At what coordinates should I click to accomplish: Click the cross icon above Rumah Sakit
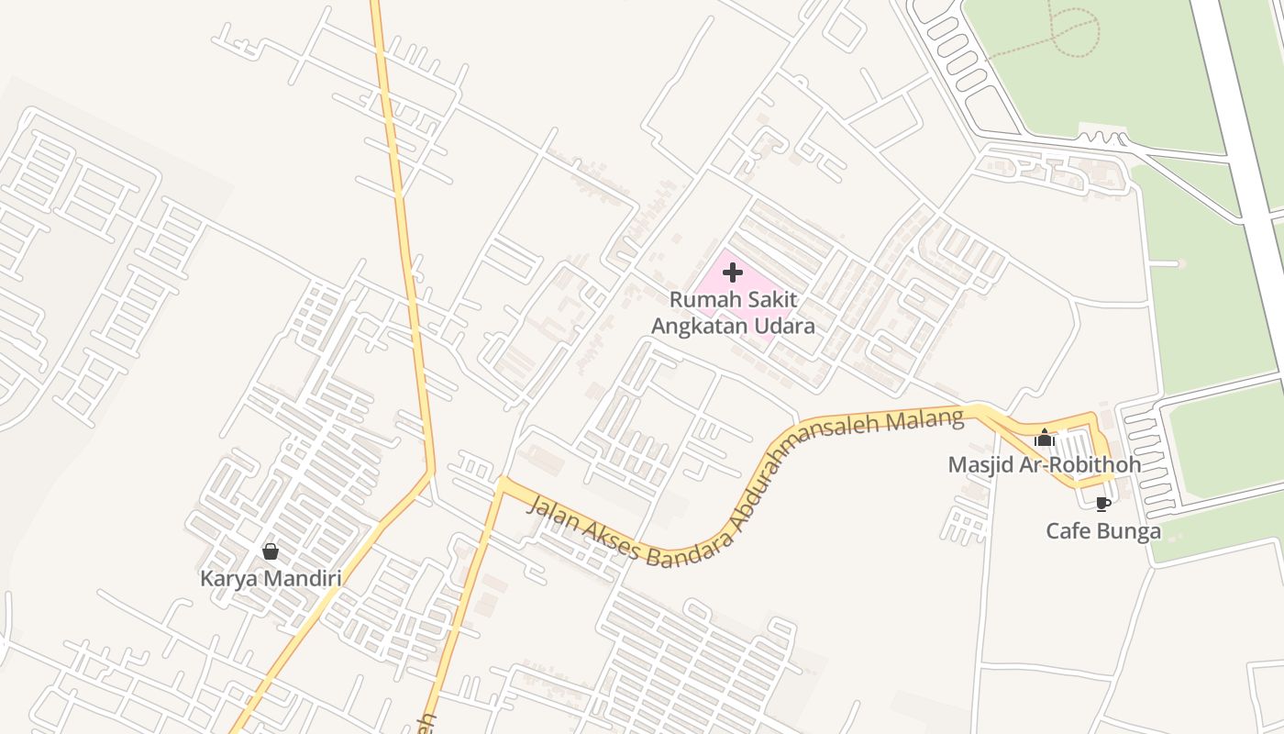732,272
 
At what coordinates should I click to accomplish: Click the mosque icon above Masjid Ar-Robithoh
1044,439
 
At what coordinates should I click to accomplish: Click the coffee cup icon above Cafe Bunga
1102,504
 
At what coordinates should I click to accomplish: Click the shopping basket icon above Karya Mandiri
270,551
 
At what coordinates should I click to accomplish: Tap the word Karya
227,579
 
